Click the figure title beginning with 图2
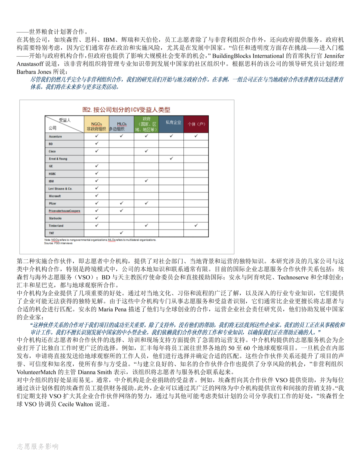coord(126,110)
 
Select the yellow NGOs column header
coord(96,124)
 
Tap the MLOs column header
coord(121,124)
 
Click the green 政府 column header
coord(146,124)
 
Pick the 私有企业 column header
coord(171,122)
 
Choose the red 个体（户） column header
coord(196,124)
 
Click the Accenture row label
coord(55,136)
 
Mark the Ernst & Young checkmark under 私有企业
coord(171,158)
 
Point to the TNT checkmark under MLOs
coord(121,233)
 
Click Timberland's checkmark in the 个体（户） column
coord(196,225)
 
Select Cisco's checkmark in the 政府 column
coord(146,151)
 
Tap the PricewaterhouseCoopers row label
coord(64,211)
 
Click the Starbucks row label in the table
coord(55,218)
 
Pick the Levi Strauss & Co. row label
coord(60,188)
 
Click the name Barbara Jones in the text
coord(34,72)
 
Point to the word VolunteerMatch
coord(36,372)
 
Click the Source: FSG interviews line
coord(58,243)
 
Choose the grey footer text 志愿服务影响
coord(38,446)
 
